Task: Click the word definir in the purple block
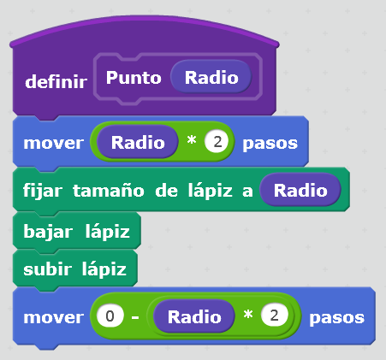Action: point(56,82)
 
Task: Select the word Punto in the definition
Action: point(134,78)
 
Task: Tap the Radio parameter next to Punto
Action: point(211,77)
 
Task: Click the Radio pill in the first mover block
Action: point(138,142)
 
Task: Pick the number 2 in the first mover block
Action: point(217,142)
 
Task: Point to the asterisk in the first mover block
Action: point(192,140)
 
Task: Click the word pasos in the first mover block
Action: point(270,144)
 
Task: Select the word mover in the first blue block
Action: point(54,143)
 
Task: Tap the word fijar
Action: point(43,190)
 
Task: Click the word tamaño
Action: point(109,190)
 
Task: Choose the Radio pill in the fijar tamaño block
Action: point(300,190)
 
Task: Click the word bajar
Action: point(48,232)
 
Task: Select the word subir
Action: point(47,269)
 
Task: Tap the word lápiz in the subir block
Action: point(104,269)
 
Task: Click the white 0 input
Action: point(110,316)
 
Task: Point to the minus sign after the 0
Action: point(135,317)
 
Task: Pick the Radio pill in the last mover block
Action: point(194,316)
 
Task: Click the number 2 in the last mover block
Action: point(274,316)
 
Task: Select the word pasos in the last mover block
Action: point(337,318)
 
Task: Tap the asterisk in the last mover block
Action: point(248,315)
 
